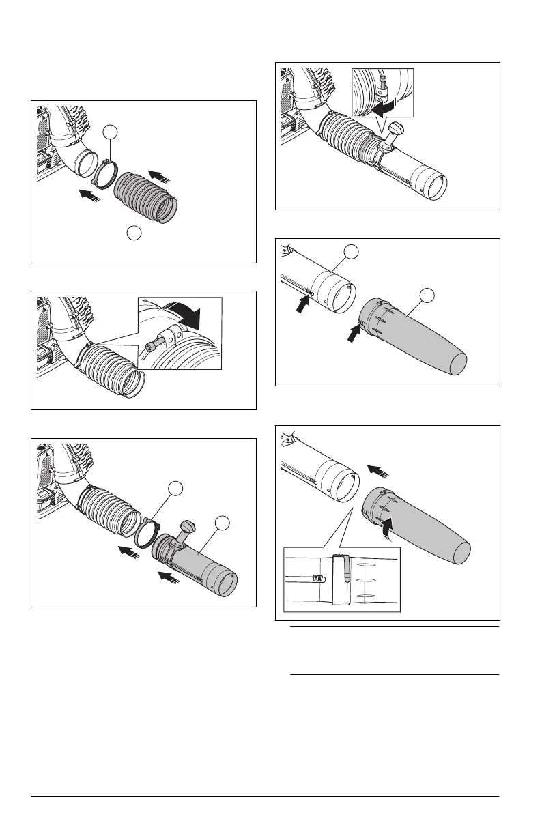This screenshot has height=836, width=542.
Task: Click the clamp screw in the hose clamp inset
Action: (153, 342)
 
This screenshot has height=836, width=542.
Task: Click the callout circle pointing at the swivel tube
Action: (223, 523)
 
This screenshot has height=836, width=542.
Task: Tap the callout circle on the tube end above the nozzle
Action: (351, 253)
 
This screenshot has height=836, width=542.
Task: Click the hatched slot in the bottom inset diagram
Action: (316, 579)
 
